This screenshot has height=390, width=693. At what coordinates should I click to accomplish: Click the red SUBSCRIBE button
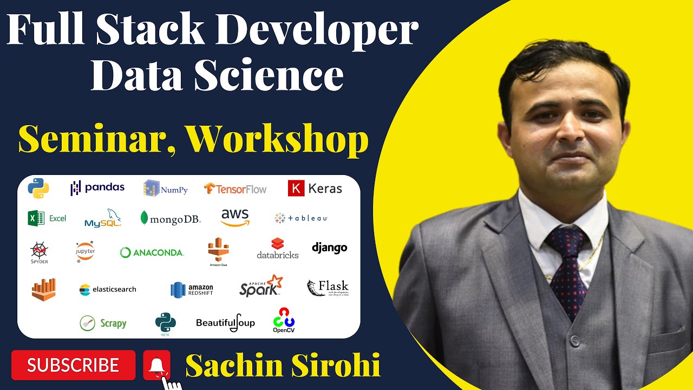coord(73,365)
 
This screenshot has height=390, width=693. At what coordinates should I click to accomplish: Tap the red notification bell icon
coord(156,365)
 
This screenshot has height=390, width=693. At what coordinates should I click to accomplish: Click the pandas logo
coord(97,187)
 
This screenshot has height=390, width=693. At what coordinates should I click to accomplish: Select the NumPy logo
coord(166,188)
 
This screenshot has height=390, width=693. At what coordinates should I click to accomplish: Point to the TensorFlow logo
coord(235,188)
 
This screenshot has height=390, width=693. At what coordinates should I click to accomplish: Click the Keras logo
coord(315,188)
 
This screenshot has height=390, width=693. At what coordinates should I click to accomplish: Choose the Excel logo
coord(47,218)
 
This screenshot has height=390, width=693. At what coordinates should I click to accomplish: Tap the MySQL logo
coord(103,218)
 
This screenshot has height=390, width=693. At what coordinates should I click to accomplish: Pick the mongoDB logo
coord(171,218)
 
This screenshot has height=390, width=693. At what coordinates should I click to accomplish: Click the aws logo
coord(235,217)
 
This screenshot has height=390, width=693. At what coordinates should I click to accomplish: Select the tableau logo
coord(301,218)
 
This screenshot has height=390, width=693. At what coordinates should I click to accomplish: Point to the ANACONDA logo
coord(152,252)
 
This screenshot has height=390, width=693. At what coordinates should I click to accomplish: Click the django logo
coord(329,248)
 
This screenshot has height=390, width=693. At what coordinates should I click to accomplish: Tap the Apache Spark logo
coord(261,286)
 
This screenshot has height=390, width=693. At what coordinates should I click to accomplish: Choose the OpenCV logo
coord(283,320)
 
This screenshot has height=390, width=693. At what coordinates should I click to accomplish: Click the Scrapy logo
coord(103,323)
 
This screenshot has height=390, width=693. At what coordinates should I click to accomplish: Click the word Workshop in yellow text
coord(278,140)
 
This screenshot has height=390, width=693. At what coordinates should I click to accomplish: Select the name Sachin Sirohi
coord(283,366)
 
